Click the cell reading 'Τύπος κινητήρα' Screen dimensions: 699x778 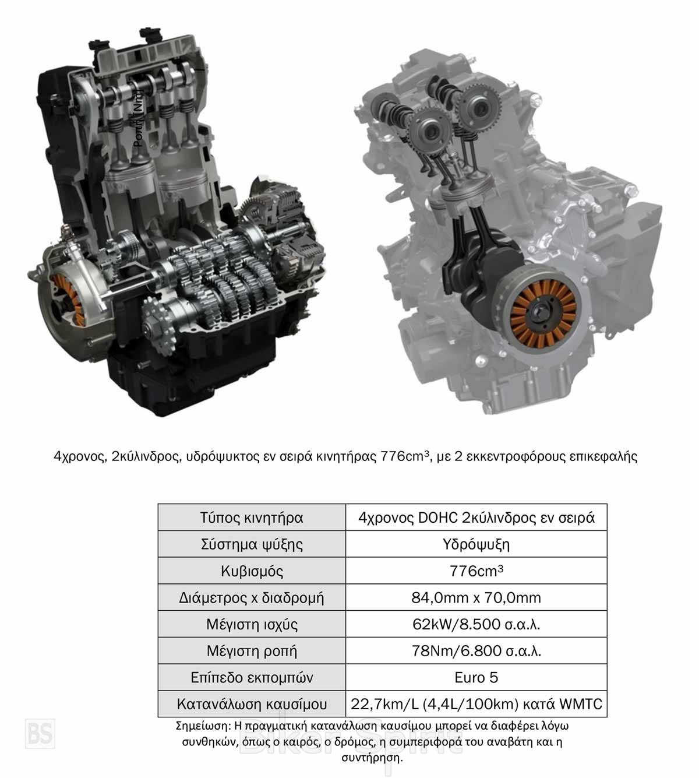[x=252, y=518]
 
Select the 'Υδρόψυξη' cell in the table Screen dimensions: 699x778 [x=476, y=544]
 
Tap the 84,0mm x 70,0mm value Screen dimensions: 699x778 [x=476, y=598]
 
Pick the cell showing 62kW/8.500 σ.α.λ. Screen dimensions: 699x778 [x=476, y=624]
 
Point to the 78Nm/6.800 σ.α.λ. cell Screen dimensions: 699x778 [x=476, y=651]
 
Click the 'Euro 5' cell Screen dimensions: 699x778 [x=476, y=678]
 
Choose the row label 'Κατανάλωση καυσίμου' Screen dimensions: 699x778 [x=252, y=705]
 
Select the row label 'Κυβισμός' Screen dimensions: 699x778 [x=252, y=571]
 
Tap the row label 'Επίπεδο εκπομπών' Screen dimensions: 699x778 [x=252, y=678]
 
